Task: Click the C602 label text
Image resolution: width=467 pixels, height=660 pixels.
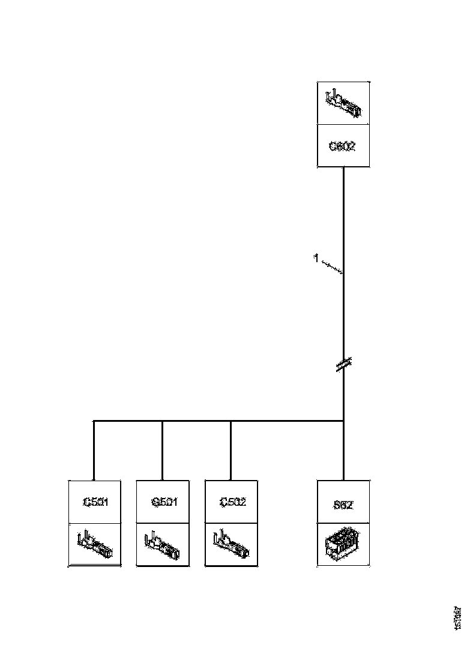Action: point(342,146)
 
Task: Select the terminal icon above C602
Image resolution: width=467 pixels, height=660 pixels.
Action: point(343,104)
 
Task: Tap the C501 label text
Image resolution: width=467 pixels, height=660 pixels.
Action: point(95,502)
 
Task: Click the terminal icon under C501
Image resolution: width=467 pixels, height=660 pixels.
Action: point(95,544)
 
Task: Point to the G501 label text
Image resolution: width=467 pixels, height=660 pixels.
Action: point(164,502)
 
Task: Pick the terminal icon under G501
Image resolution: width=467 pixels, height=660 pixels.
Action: point(163,544)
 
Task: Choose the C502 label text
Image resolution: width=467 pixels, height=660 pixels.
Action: point(232,502)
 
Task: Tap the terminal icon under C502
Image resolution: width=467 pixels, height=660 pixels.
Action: point(231,544)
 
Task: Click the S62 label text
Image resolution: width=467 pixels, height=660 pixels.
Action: point(343,505)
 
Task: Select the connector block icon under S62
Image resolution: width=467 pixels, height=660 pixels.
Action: point(343,544)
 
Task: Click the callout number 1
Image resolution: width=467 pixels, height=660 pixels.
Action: point(315,259)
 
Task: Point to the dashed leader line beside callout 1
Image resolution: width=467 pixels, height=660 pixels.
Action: point(331,266)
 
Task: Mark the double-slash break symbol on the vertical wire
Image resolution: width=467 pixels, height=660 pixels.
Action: point(343,364)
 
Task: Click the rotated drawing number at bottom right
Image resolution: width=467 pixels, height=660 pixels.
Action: point(458,617)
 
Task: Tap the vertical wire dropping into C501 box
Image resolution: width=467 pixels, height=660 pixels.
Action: point(94,450)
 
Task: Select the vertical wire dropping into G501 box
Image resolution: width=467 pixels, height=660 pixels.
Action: point(163,450)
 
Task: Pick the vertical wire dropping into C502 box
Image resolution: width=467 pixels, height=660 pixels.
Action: point(231,450)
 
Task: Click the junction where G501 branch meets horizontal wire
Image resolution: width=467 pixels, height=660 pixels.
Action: point(163,421)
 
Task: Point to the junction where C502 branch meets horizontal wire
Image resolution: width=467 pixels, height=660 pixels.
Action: point(231,421)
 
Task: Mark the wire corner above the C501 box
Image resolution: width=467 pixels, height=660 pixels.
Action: point(94,421)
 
